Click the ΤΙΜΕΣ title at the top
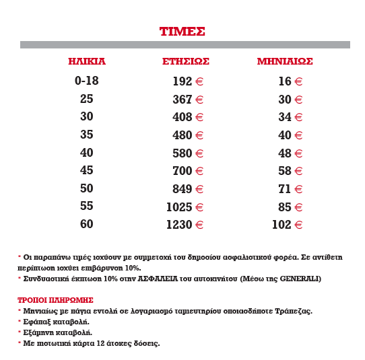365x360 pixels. point(182,31)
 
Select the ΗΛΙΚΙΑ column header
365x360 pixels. point(87,61)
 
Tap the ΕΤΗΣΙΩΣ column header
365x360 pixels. point(186,61)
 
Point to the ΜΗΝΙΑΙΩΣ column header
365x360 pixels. point(285,61)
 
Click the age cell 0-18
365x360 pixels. point(87,81)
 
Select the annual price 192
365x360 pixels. point(182,81)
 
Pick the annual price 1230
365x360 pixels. point(178,225)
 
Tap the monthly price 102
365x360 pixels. point(281,225)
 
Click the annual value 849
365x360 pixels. point(182,189)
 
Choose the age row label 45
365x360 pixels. point(87,170)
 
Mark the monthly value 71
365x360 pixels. point(284,189)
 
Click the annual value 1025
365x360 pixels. point(178,207)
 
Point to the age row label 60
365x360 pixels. point(87,224)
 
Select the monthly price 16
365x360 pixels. point(284,81)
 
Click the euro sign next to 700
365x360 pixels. point(199,172)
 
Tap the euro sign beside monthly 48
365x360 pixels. point(298,153)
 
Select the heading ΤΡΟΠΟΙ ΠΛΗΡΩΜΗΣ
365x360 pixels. point(55,299)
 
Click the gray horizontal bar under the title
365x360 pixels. point(185,44)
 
